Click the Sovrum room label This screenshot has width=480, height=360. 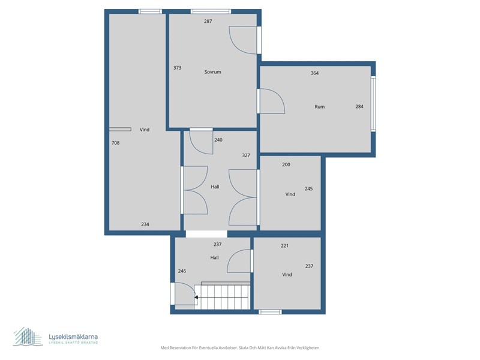pos(212,72)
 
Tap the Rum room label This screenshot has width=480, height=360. pos(319,107)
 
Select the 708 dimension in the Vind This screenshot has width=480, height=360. pos(115,143)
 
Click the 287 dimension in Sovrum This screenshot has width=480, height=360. pos(208,22)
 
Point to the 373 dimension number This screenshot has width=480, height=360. pos(177,68)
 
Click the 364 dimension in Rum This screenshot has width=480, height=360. pos(314,73)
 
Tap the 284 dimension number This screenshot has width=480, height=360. pos(359,107)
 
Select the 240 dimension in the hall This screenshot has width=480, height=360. pos(218,140)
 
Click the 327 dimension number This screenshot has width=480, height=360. pos(245,155)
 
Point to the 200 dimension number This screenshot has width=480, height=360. pos(286,164)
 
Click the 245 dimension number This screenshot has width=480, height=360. pos(308,188)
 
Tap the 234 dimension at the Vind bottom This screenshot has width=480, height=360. pos(145,224)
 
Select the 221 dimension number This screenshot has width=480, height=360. pos(285,246)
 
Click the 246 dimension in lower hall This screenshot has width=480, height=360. pos(182,271)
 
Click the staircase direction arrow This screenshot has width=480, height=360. pos(197,296)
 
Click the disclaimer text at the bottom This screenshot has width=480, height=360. pos(239,348)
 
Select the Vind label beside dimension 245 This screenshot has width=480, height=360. pos(290,194)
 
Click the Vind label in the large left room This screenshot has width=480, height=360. pos(144,130)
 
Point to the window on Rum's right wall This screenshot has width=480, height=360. pos(373,104)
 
